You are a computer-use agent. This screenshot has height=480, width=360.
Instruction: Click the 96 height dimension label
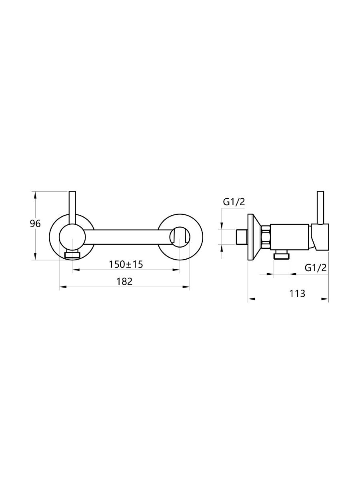[x=35, y=224]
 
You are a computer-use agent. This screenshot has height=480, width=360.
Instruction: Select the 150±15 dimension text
[x=126, y=265]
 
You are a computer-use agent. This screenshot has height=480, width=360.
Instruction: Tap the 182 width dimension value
[x=124, y=282]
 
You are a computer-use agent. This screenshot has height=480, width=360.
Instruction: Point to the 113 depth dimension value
[x=297, y=294]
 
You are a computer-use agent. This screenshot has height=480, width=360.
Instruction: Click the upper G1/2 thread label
[x=234, y=202]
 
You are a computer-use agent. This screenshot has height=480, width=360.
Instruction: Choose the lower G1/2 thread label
[x=316, y=268]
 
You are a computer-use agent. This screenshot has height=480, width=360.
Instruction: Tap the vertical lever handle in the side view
[x=320, y=208]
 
